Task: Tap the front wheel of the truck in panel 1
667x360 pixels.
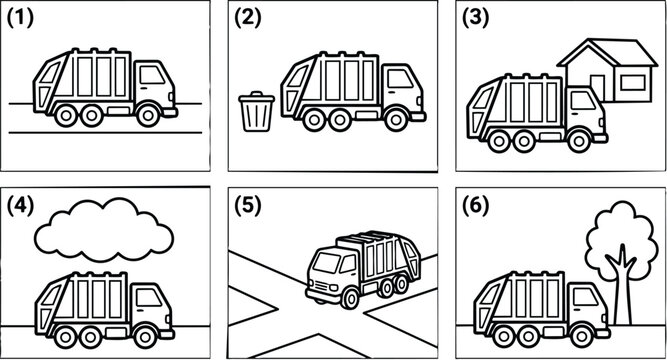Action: (146, 116)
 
